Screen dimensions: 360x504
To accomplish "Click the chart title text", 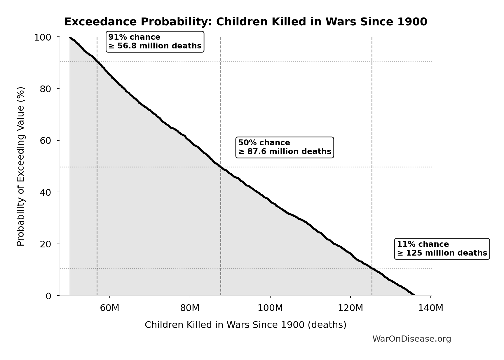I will (245, 22).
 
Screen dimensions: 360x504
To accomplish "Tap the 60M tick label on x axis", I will (109, 308).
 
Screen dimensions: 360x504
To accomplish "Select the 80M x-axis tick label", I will (190, 308).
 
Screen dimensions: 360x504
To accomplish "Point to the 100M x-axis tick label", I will (270, 308).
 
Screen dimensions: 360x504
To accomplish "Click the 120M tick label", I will (350, 308).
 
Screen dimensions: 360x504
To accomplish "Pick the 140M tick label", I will (430, 308).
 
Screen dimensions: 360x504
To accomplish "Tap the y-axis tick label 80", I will (46, 89).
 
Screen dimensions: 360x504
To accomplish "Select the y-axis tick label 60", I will (46, 141).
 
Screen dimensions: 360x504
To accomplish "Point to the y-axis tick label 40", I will (46, 192).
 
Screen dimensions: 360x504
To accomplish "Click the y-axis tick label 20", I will (46, 244).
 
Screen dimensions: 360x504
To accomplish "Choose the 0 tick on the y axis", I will (48, 296).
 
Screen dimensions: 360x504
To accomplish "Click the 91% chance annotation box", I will (155, 42).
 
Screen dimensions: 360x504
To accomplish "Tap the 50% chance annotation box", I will (285, 147).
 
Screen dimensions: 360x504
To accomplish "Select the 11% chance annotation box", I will (442, 249).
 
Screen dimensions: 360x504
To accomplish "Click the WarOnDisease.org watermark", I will (411, 339).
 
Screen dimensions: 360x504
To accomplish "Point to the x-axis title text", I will (245, 325).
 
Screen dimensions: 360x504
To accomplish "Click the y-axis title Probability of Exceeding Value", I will (21, 166).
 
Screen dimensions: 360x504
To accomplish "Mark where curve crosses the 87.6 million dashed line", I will (221, 167).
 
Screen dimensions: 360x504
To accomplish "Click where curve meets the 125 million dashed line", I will (372, 268).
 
